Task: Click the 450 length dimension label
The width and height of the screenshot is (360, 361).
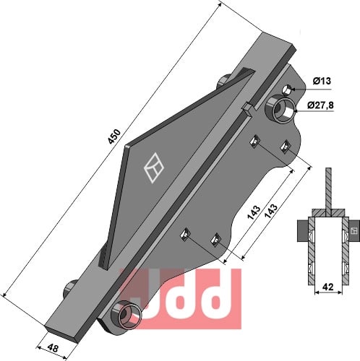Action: pos(114,136)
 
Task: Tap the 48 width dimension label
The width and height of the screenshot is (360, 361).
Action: pos(53,348)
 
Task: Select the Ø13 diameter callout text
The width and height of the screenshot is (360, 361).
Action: pos(322,82)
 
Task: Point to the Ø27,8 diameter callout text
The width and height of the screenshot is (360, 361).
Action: pos(321,105)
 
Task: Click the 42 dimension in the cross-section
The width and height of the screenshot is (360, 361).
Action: pos(328,287)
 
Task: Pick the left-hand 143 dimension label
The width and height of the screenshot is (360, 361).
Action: pos(254,212)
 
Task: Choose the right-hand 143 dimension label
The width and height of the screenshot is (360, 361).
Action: pos(271,212)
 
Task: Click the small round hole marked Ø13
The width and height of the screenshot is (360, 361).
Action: pos(287,90)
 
